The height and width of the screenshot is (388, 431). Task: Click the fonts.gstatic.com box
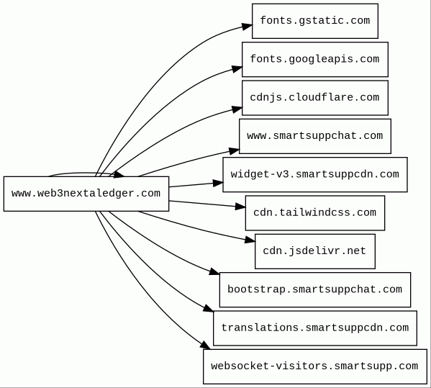(315, 21)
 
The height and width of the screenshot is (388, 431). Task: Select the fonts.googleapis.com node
(315, 60)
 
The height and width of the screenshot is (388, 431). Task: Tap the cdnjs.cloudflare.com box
(315, 98)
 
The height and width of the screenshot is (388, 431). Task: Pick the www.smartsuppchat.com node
(315, 136)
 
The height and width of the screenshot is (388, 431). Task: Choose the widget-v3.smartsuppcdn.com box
(315, 175)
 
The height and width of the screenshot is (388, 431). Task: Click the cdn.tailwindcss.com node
(315, 213)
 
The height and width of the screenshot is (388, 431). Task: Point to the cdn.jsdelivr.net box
(315, 251)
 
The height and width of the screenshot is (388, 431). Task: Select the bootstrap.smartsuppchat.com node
(315, 290)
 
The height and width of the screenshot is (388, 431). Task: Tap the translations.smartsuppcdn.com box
(315, 328)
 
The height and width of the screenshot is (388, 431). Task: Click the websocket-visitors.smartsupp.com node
(315, 366)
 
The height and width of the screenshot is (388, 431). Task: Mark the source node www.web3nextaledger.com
(86, 194)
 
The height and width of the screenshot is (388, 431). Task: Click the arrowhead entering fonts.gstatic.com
(247, 27)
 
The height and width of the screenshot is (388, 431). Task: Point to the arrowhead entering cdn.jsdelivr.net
(250, 240)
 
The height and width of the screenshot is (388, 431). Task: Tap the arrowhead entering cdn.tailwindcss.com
(240, 207)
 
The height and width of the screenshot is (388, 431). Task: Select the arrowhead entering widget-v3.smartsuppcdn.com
(218, 183)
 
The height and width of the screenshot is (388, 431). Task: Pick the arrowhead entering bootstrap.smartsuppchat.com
(214, 271)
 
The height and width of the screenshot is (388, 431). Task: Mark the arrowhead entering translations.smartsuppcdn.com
(209, 308)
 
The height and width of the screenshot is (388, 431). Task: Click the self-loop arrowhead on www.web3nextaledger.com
(119, 175)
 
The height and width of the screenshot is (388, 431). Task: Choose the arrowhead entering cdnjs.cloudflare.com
(237, 109)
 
